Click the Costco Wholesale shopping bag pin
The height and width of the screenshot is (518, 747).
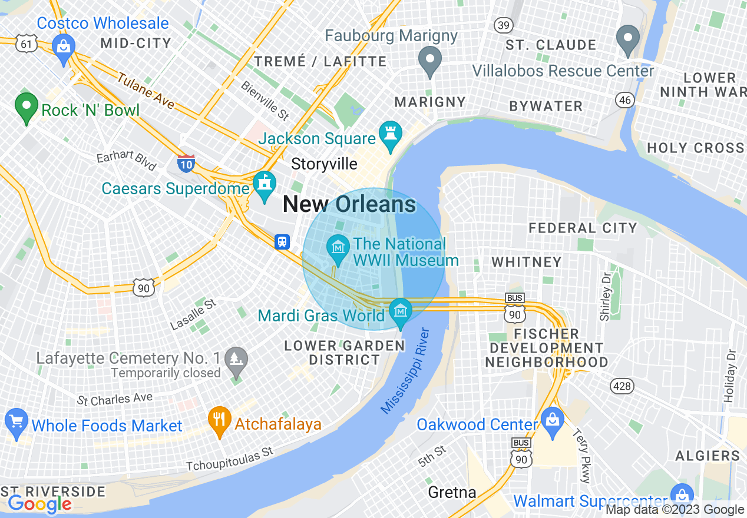click(63, 45)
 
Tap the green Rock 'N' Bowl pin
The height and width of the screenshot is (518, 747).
click(26, 107)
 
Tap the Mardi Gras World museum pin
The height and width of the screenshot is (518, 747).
click(401, 311)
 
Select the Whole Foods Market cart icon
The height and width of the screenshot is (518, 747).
click(16, 422)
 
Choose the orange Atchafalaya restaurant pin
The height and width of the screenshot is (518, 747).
click(219, 420)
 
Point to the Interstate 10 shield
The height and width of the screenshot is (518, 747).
click(186, 163)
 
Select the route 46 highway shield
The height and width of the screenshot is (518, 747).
click(624, 100)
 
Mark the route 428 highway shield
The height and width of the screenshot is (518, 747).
click(622, 387)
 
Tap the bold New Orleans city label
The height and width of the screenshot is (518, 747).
click(349, 204)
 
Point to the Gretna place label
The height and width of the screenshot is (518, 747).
click(452, 492)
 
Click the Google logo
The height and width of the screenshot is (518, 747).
click(39, 504)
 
